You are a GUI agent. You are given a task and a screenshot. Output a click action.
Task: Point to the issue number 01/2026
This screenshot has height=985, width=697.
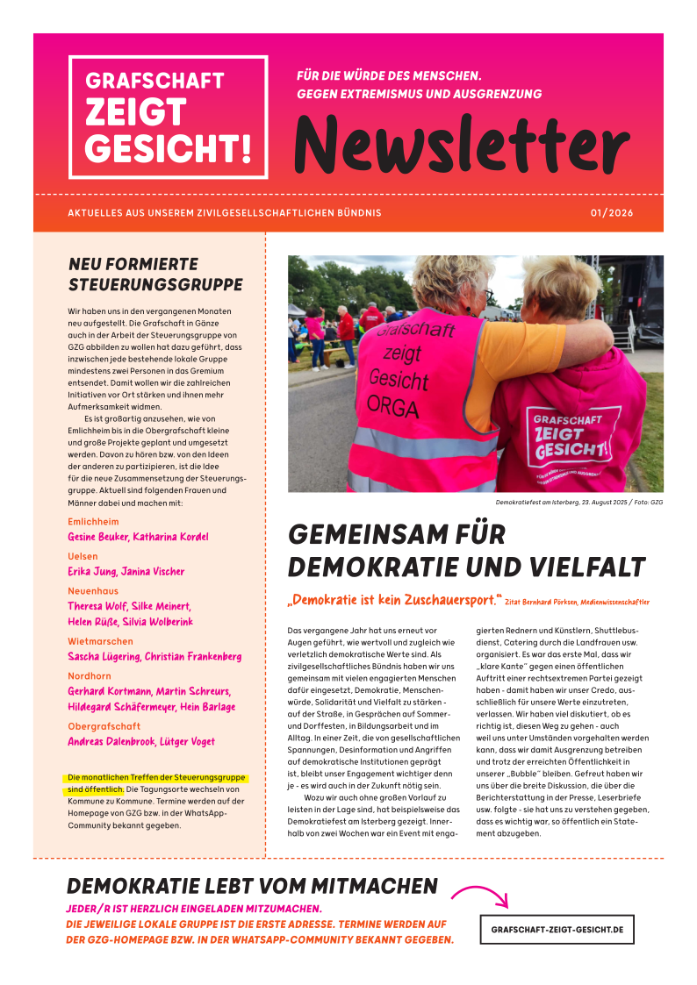pos(611,213)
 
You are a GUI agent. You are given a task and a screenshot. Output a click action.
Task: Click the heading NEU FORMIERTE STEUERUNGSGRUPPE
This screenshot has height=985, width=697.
pos(155,274)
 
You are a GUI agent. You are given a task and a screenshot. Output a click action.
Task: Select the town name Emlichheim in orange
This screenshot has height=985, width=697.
pos(93,521)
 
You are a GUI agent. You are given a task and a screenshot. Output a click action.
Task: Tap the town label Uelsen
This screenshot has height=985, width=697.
pos(83,556)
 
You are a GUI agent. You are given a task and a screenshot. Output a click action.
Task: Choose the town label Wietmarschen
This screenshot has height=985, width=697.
pos(100,641)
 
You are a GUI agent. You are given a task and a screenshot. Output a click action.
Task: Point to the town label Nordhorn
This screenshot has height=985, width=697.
pos(89,676)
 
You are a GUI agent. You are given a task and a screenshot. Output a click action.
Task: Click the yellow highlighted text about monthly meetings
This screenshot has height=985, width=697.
pos(157,783)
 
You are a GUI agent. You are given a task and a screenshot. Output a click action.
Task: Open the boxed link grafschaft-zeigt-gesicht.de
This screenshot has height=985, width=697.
pos(557,929)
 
